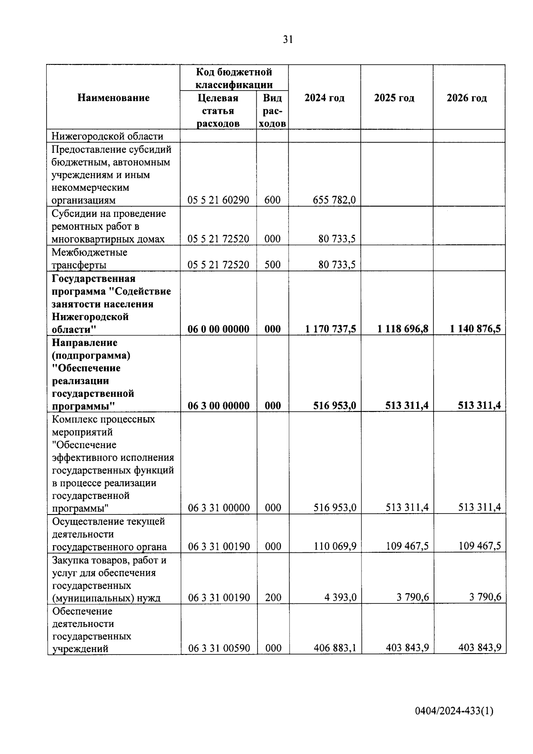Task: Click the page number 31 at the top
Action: tap(288, 40)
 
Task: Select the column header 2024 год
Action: tap(324, 98)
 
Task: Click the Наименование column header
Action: tap(113, 98)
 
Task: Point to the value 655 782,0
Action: tap(334, 200)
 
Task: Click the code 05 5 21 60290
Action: tap(219, 200)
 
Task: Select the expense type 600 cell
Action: tap(272, 200)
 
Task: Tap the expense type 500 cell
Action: tap(272, 265)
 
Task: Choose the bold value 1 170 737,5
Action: tap(330, 329)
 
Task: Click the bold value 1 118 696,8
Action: tap(403, 329)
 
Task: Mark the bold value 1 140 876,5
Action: tap(475, 329)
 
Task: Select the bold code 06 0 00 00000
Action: tap(219, 329)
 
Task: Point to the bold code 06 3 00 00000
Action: tap(219, 406)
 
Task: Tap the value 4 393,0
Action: tap(340, 597)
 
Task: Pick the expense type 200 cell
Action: tap(273, 598)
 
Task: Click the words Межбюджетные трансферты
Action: tap(89, 259)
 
